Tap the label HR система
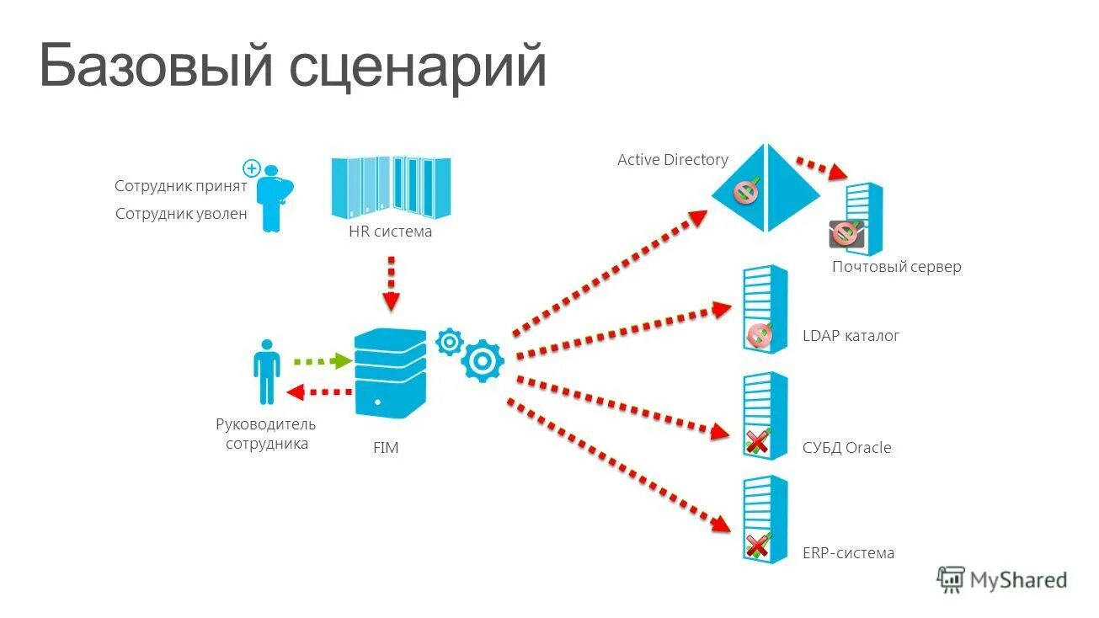[390, 232]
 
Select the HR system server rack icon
[391, 184]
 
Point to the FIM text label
[386, 448]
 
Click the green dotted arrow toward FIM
[323, 361]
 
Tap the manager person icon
[267, 371]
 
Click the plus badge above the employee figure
[250, 168]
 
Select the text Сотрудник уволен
[181, 214]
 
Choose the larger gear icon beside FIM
[483, 361]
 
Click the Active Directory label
[672, 159]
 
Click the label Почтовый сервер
[896, 267]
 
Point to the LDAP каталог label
[851, 335]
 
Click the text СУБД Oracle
[846, 448]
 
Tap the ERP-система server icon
[765, 519]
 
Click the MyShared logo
[1002, 579]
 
